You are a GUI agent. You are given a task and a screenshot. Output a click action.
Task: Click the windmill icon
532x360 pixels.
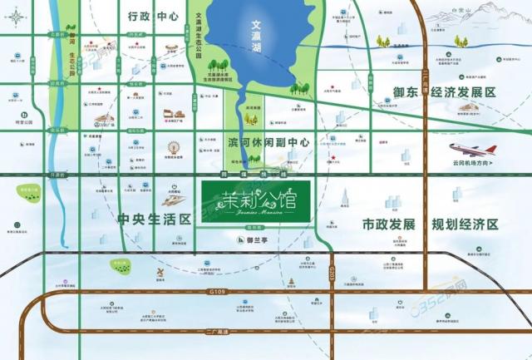(155, 274)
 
